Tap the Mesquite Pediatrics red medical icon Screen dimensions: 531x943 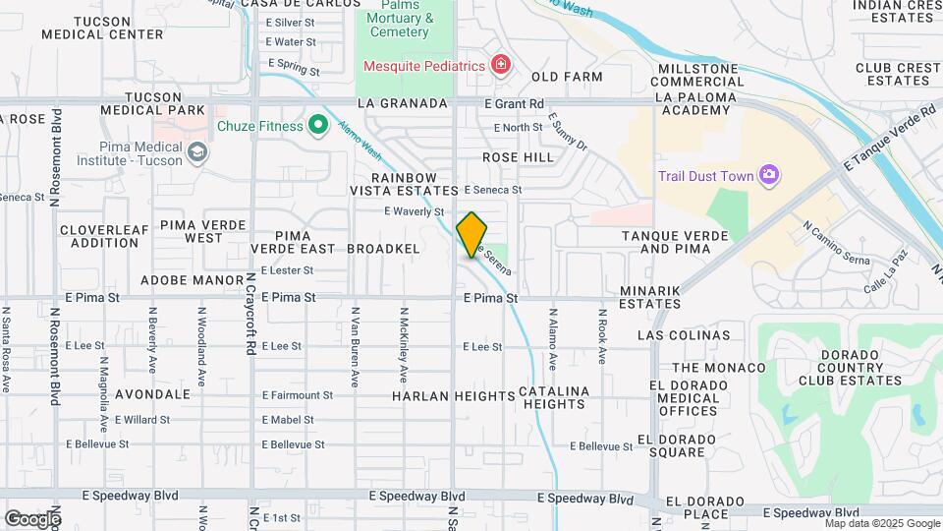click(501, 65)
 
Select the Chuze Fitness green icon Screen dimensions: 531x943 click(317, 125)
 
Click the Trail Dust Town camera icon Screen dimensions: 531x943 click(769, 176)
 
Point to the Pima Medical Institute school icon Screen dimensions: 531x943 click(198, 151)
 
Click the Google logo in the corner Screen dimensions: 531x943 click(31, 518)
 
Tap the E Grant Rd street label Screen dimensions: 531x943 click(514, 103)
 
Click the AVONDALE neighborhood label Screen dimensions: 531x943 click(152, 393)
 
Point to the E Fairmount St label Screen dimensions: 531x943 click(297, 395)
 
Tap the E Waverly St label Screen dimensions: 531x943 click(414, 211)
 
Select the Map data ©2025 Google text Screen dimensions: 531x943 click(882, 523)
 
